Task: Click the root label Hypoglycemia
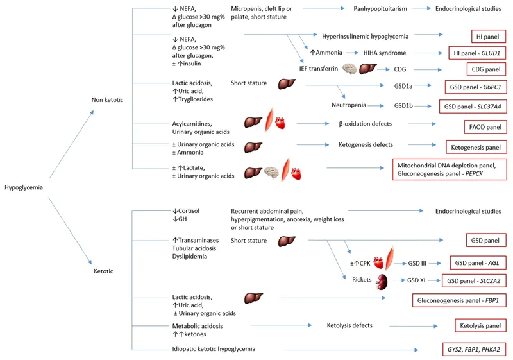(24, 188)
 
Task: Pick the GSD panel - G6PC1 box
(475, 86)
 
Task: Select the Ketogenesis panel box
(476, 147)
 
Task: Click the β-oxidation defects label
(364, 123)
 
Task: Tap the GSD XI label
(417, 280)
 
